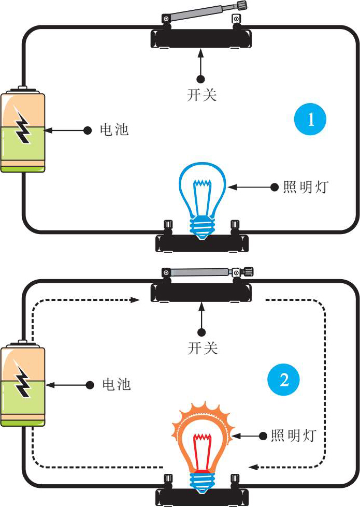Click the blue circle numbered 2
[x=284, y=381]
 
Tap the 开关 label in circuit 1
[x=201, y=95]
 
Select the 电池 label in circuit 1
[x=114, y=129]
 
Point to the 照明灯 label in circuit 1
[x=306, y=187]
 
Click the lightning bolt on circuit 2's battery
[x=22, y=380]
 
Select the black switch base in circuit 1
[x=200, y=39]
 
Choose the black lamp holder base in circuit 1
[x=203, y=243]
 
